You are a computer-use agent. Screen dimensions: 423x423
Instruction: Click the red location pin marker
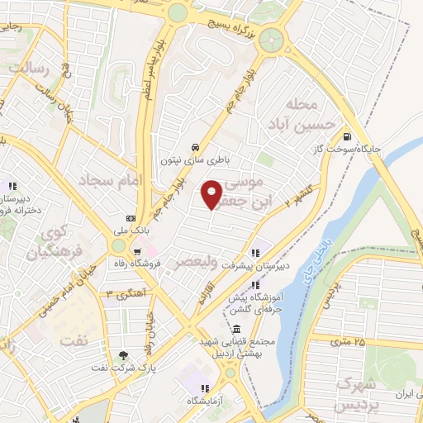click(212, 193)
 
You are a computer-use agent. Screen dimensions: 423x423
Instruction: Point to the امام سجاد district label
click(111, 178)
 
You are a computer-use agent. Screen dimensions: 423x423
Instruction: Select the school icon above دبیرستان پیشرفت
click(256, 250)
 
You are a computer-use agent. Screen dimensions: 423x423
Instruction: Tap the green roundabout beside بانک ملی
click(121, 245)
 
